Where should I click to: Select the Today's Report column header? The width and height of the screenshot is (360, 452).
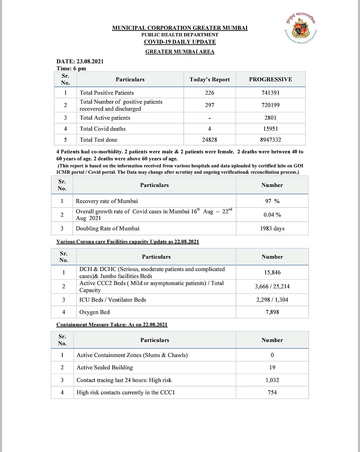210,79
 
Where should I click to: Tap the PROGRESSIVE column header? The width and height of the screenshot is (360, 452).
270,79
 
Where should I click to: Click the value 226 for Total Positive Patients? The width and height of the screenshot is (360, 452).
210,93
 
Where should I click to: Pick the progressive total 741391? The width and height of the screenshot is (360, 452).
270,93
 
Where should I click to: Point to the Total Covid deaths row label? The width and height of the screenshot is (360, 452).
103,129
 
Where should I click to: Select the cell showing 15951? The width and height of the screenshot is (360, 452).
270,129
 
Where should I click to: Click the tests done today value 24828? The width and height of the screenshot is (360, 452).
210,140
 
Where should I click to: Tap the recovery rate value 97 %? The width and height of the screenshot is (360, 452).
272,201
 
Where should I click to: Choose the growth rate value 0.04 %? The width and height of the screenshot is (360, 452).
272,215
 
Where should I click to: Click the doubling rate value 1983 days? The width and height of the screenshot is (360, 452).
272,228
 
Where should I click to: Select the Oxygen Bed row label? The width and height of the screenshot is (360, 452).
94,312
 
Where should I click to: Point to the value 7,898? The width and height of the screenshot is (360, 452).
272,312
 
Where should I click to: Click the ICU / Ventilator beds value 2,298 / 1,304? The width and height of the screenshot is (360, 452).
272,300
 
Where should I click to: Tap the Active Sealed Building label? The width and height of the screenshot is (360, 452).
105,367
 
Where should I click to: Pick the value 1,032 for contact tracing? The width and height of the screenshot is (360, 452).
272,380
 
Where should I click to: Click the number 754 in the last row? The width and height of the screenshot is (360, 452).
272,392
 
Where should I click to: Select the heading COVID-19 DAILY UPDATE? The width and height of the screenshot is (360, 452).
180,42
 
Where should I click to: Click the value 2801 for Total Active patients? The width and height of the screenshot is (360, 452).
270,118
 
